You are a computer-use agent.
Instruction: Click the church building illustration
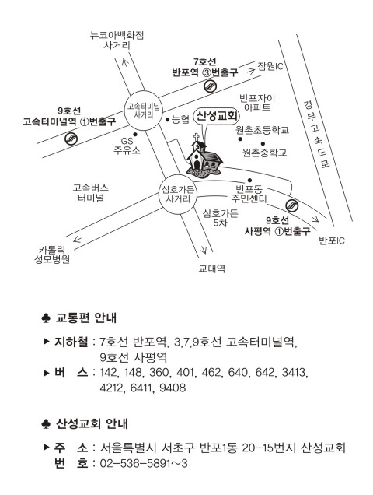[x=204, y=156]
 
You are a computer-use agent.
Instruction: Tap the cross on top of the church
[x=197, y=137]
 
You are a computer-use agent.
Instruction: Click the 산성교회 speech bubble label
[x=217, y=116]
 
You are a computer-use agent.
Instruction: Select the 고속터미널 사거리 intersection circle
[x=144, y=111]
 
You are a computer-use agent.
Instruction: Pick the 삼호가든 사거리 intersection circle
[x=178, y=195]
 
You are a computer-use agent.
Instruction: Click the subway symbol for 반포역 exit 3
[x=210, y=86]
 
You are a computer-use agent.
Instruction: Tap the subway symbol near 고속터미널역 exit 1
[x=71, y=139]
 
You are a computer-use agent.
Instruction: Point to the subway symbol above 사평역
[x=291, y=205]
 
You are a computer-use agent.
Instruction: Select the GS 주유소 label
[x=127, y=146]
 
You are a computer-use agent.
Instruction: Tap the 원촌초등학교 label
[x=263, y=130]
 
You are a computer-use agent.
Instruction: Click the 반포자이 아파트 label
[x=257, y=103]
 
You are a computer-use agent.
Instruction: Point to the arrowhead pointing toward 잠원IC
[x=251, y=71]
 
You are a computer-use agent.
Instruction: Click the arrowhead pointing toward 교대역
[x=204, y=251]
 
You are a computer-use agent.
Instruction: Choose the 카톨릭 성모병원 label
[x=52, y=255]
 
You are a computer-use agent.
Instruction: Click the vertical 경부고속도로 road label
[x=316, y=134]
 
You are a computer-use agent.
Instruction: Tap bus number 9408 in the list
[x=173, y=388]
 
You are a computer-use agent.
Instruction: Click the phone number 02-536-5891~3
[x=144, y=463]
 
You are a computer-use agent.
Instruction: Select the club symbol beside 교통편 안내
[x=46, y=318]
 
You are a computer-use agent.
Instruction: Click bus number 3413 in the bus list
[x=295, y=373]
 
